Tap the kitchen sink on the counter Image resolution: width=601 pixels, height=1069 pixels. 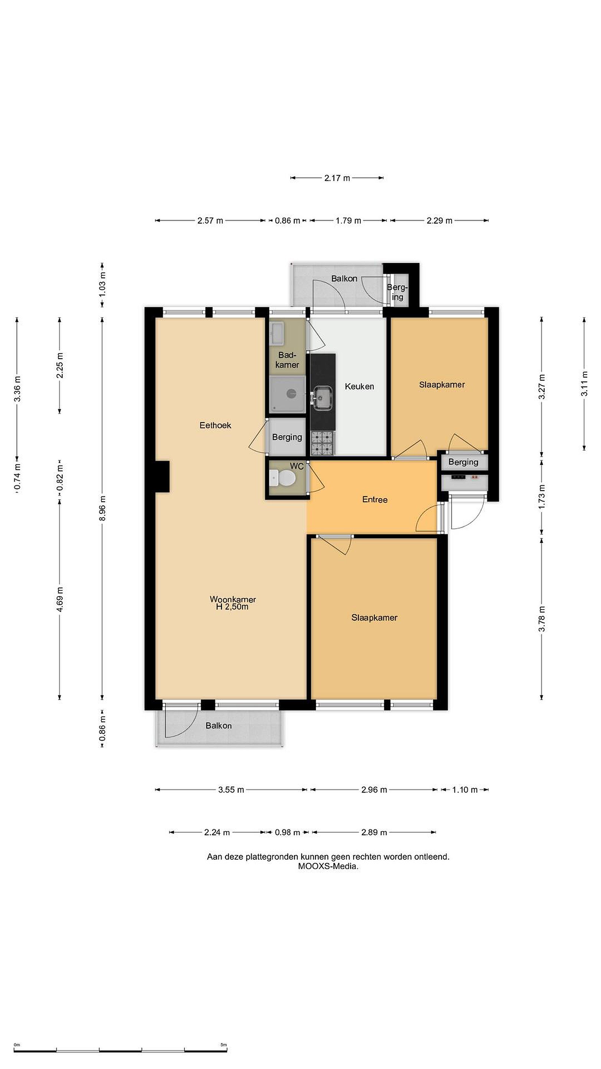(322, 398)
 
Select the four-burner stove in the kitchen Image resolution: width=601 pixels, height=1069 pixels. (322, 443)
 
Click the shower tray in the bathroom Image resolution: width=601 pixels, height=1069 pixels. (287, 394)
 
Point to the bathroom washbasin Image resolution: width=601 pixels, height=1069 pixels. (277, 334)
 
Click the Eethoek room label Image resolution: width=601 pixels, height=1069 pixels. (215, 425)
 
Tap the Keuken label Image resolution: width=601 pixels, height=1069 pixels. (359, 386)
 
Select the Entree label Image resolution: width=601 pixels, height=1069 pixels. (375, 500)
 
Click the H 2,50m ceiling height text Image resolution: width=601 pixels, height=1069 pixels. (232, 607)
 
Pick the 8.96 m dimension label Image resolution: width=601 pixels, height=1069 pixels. (102, 508)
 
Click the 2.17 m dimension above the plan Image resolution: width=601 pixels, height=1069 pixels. (337, 178)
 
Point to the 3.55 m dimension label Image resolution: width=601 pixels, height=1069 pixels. (231, 790)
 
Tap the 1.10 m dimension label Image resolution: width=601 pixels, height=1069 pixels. (464, 790)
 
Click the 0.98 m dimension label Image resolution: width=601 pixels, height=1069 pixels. (288, 833)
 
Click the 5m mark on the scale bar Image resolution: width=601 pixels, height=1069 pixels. (224, 1042)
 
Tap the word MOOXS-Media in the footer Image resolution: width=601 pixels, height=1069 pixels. (328, 866)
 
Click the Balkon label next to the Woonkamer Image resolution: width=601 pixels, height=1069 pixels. (219, 726)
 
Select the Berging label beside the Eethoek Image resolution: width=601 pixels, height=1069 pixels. (287, 437)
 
